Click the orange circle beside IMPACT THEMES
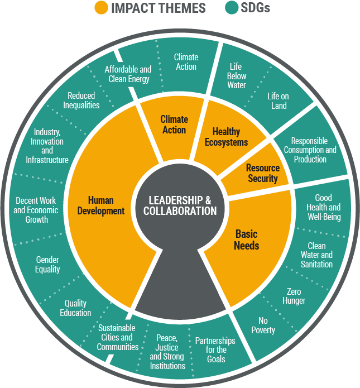[x=101, y=8]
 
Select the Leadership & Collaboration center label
[x=180, y=205]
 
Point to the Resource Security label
[x=262, y=173]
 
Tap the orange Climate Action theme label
[x=174, y=124]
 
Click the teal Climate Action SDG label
[x=186, y=61]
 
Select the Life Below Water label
[x=237, y=76]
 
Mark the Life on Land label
[x=278, y=101]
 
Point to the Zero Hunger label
[x=294, y=296]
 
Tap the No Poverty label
[x=263, y=325]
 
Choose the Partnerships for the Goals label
[x=215, y=350]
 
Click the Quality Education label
[x=75, y=308]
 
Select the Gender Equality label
[x=47, y=265]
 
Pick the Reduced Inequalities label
[x=81, y=100]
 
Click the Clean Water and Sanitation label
[x=316, y=255]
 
